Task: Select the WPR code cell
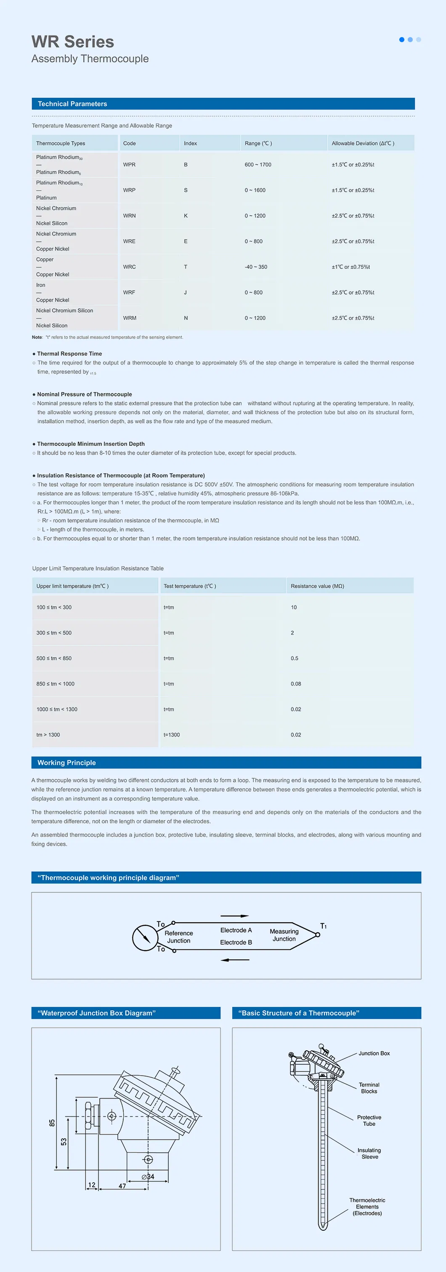(x=129, y=165)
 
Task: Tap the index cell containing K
(x=186, y=216)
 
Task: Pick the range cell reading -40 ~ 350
(x=256, y=267)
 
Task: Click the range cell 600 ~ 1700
(x=258, y=165)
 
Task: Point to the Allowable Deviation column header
(x=363, y=144)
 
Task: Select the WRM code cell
(x=130, y=318)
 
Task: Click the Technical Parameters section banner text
(x=72, y=104)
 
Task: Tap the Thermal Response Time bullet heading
(x=69, y=353)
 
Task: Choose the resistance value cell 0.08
(x=296, y=684)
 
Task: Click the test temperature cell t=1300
(x=172, y=735)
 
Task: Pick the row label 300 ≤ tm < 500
(x=54, y=632)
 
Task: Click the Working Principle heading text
(x=66, y=763)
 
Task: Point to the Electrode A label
(x=236, y=930)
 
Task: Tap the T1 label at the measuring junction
(x=323, y=926)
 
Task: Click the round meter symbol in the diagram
(x=145, y=937)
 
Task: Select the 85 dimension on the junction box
(x=52, y=1122)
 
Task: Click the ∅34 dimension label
(x=148, y=1177)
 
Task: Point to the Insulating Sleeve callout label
(x=369, y=1154)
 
